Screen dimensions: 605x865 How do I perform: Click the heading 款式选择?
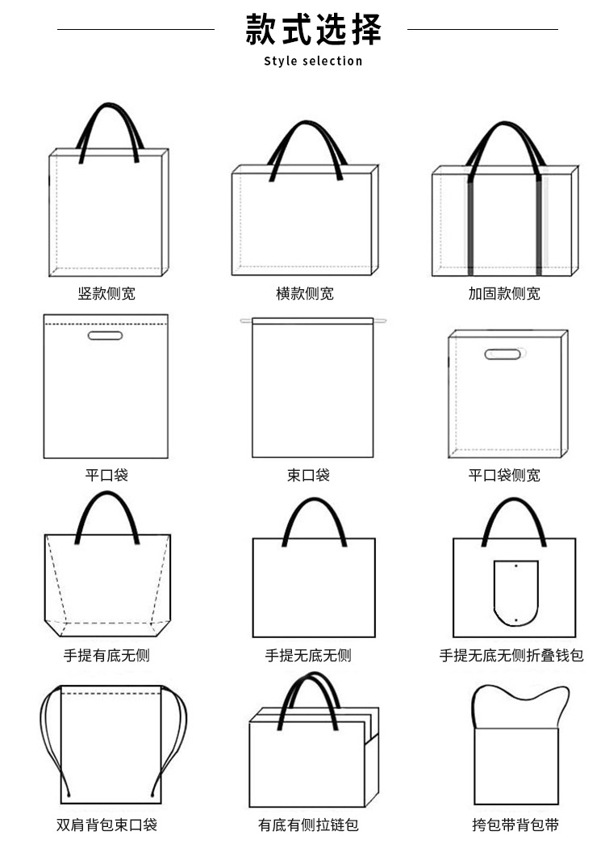313,30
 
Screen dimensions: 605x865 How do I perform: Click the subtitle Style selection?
313,61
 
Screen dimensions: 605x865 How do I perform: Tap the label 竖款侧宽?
106,294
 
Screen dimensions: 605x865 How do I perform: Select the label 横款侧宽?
305,294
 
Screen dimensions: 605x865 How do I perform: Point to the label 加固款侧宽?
504,294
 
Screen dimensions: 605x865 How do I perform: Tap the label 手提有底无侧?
106,656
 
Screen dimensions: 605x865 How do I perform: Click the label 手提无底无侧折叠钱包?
511,656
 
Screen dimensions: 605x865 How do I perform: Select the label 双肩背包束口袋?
106,825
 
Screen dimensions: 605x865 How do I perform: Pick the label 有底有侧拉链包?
308,825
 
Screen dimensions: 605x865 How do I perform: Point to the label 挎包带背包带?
515,825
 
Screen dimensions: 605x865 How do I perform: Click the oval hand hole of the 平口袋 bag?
105,335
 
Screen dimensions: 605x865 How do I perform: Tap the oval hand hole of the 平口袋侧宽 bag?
503,354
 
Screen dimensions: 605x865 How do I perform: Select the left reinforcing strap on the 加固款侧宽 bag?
469,226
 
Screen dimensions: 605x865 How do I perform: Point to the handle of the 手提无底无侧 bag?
314,505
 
